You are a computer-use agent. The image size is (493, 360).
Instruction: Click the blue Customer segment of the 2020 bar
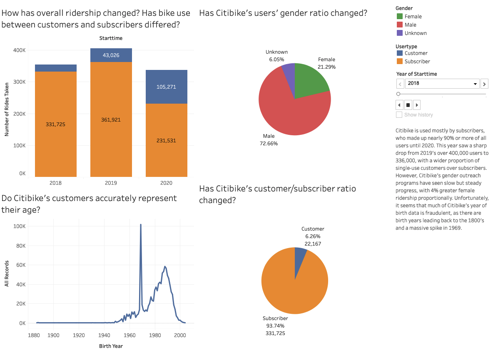166,87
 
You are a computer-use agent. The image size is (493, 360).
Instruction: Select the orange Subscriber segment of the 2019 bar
111,120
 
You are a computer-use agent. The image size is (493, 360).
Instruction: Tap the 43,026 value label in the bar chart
111,55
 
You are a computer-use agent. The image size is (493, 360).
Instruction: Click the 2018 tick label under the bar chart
55,183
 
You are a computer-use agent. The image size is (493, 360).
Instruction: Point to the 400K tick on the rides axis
19,50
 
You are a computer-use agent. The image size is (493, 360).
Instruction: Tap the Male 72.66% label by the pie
269,140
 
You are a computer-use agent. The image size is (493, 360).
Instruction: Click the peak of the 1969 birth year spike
141,225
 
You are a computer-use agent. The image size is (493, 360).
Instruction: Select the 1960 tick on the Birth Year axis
129,335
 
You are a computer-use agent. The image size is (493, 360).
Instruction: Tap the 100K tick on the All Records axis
19,226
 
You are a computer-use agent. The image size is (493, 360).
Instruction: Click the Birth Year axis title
111,346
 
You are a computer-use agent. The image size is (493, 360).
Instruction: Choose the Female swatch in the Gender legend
400,16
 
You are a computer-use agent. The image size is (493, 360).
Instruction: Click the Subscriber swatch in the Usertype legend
400,61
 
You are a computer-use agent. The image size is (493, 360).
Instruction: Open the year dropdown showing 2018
442,83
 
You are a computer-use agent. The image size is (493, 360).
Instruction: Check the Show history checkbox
399,114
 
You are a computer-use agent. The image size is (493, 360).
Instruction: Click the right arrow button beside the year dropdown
484,84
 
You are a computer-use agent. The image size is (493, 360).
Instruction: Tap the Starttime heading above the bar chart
111,38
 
